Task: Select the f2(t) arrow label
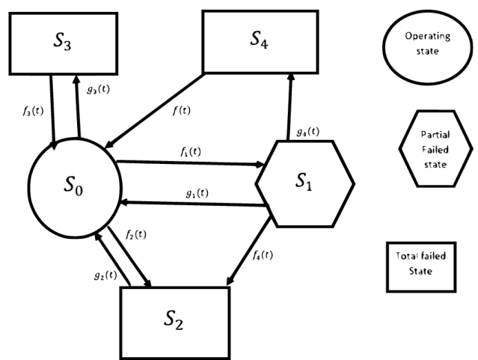135,234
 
